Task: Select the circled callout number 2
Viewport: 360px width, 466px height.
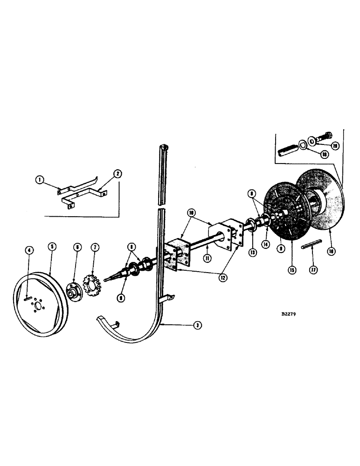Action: point(117,174)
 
